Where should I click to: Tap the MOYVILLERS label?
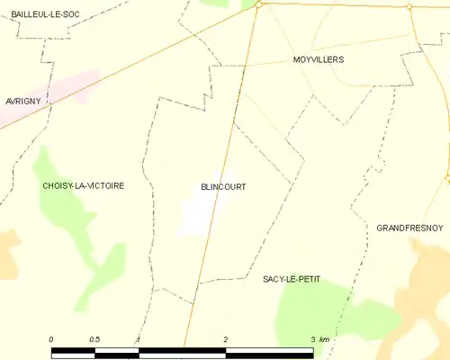tap(319, 59)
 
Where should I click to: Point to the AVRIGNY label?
tap(21, 102)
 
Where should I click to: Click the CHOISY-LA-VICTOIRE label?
tap(83, 185)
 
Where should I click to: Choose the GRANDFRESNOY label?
tap(409, 229)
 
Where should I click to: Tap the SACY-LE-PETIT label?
tap(292, 280)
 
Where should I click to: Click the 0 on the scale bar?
tap(51, 339)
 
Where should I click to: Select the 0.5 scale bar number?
tap(94, 339)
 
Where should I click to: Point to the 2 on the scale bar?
tap(226, 339)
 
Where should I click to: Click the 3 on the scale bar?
tap(313, 339)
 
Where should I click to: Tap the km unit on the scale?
tap(325, 339)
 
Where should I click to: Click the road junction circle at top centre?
tap(258, 4)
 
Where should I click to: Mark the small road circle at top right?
tap(409, 7)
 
